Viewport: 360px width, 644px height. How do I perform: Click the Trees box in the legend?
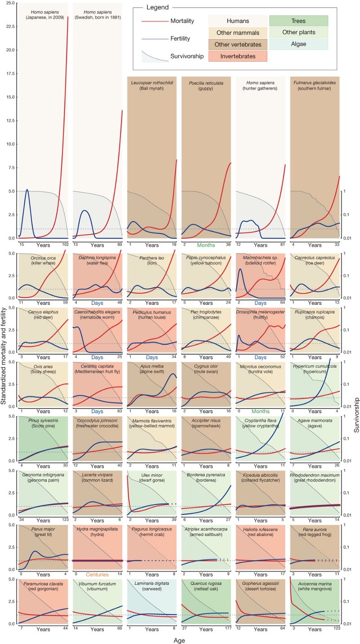point(298,21)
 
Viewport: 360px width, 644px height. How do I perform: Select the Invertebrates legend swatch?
point(238,56)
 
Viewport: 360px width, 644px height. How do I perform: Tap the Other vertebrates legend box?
point(238,45)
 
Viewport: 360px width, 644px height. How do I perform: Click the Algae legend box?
point(298,45)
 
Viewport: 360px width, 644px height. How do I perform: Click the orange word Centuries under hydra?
point(97,575)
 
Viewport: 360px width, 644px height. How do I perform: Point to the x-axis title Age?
point(180,639)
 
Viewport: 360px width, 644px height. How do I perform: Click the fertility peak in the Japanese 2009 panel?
point(27,190)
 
